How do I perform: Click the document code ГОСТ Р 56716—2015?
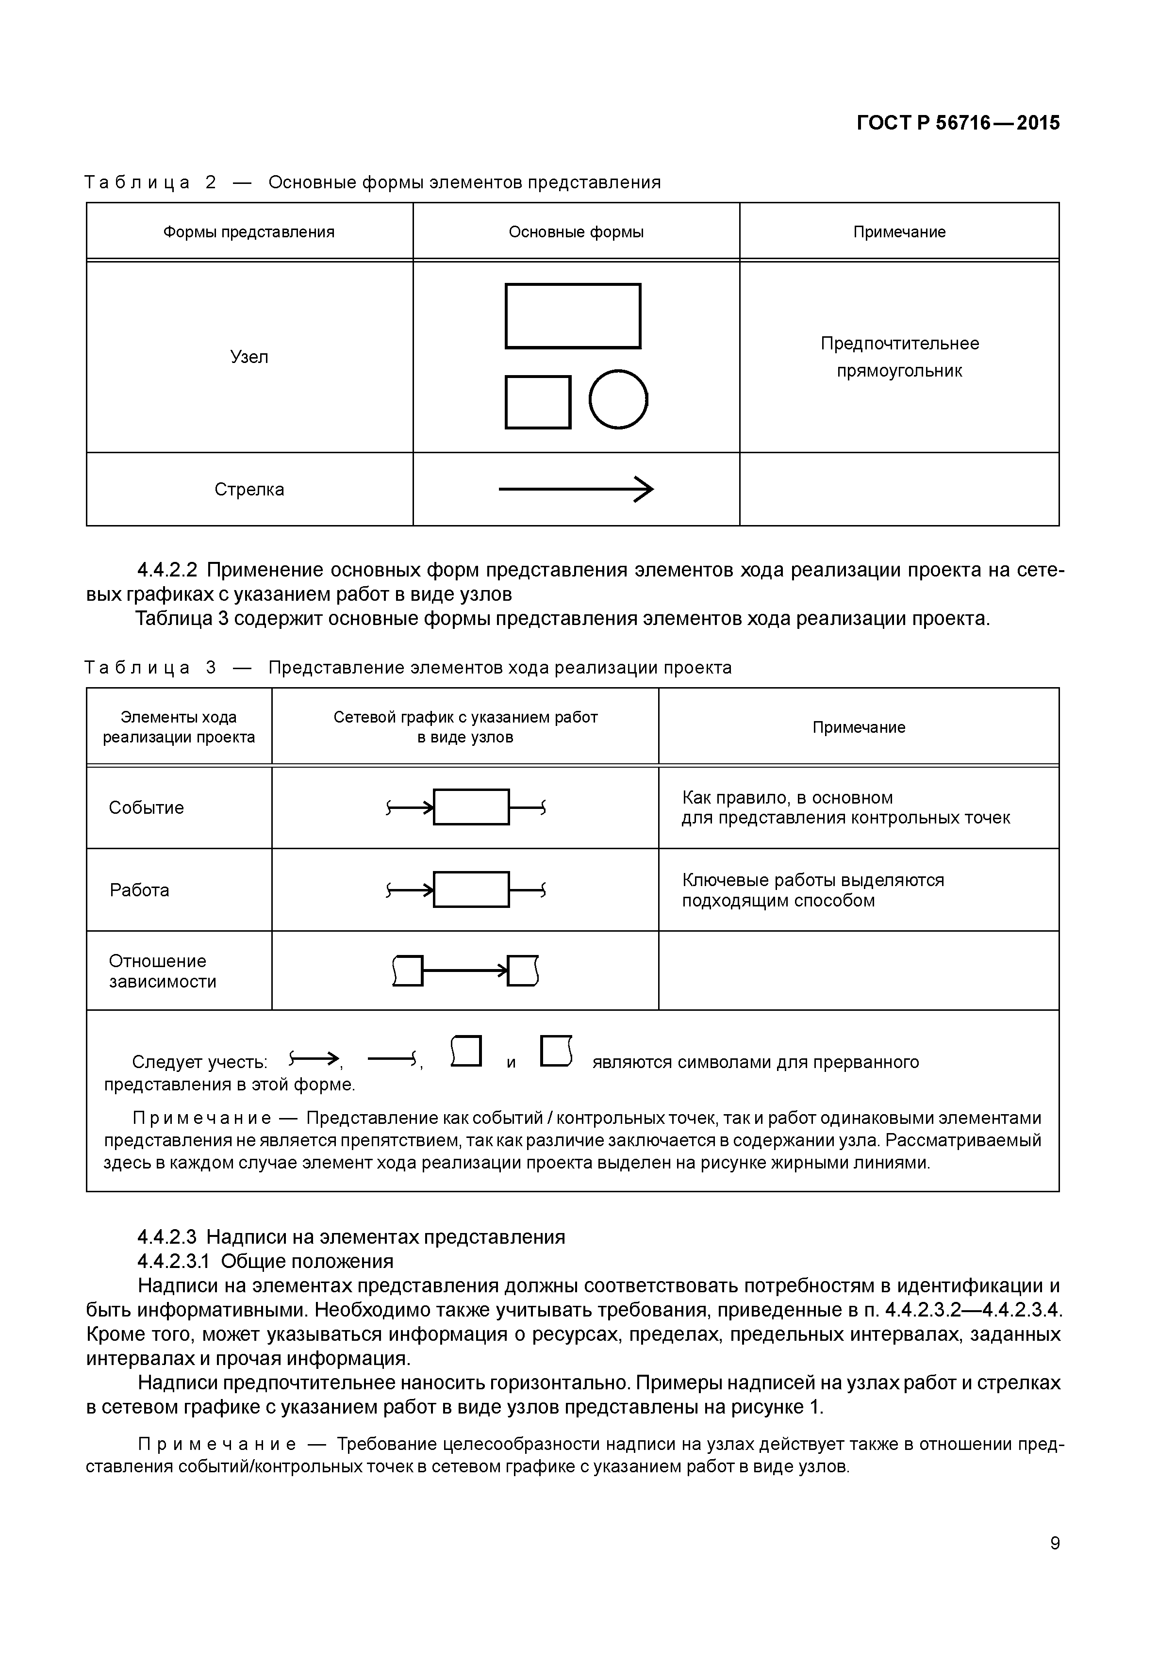[x=958, y=123]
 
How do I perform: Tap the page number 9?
[x=1055, y=1563]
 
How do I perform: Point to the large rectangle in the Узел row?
[x=573, y=315]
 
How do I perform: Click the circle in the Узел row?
[x=618, y=399]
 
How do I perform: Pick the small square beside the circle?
[x=538, y=402]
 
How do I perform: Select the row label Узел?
[x=249, y=357]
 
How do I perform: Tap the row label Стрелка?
[x=249, y=489]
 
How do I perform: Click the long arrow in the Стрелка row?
[x=576, y=489]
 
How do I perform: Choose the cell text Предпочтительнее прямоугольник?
[x=899, y=357]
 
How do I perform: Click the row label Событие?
[x=146, y=808]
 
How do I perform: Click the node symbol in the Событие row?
[x=471, y=807]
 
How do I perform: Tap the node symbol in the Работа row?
[x=471, y=889]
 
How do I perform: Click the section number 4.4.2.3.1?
[x=173, y=1261]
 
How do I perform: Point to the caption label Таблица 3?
[x=150, y=667]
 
